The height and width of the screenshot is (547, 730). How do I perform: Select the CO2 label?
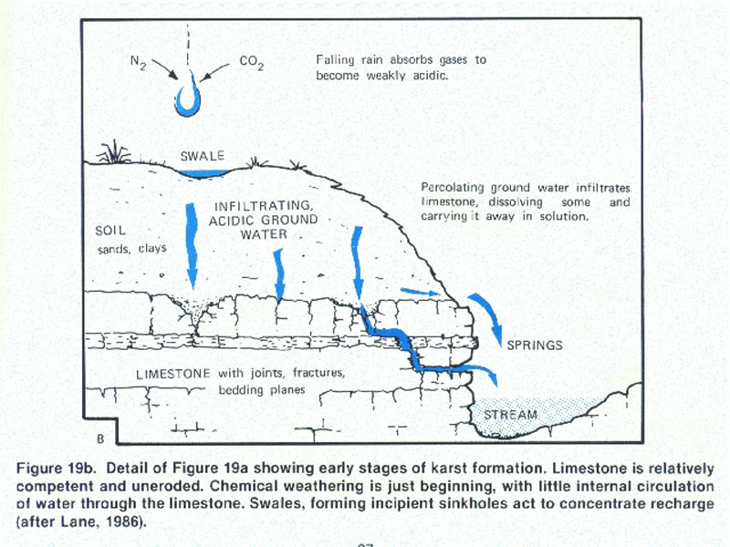(x=251, y=63)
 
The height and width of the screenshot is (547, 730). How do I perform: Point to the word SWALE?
(x=203, y=156)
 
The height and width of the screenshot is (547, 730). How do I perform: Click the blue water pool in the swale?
(x=203, y=172)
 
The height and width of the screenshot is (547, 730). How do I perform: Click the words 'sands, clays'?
(x=128, y=247)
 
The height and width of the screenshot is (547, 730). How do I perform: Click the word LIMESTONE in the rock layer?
(x=173, y=374)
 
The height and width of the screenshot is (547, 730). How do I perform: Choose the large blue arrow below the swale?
(x=193, y=242)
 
